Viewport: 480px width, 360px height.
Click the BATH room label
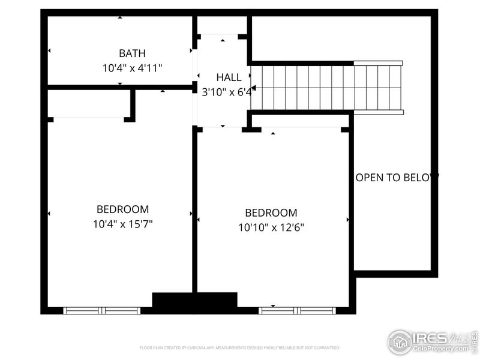click(131, 53)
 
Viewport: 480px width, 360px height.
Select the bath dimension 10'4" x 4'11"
click(131, 68)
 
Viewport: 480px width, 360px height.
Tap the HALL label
click(229, 77)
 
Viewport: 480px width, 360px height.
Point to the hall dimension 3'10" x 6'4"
click(229, 92)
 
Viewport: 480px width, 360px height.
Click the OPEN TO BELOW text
click(397, 177)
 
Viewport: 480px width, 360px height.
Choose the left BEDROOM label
click(122, 209)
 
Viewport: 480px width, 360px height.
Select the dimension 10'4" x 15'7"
click(122, 224)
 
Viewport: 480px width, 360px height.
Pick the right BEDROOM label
click(271, 212)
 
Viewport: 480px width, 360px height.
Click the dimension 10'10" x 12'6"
click(271, 227)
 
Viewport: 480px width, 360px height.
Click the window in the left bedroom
click(101, 310)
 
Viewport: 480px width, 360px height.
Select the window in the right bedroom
click(296, 310)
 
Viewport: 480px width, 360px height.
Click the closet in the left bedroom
click(88, 103)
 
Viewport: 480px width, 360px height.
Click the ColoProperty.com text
click(441, 349)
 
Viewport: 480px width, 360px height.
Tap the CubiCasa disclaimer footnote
click(239, 347)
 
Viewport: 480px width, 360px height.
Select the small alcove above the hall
click(222, 25)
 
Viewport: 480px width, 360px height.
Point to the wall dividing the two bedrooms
click(194, 210)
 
